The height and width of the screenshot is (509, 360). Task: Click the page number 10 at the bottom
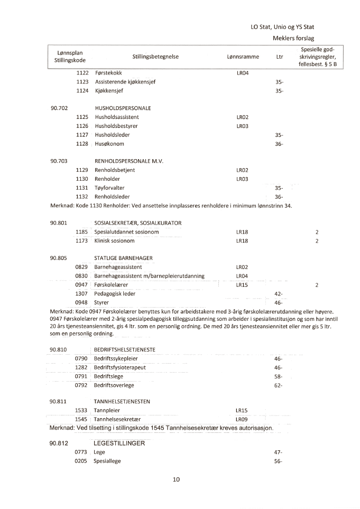point(176,479)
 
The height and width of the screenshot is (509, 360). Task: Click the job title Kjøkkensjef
point(109,91)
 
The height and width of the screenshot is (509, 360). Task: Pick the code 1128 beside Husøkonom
point(82,144)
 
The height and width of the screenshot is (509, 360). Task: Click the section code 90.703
point(59,161)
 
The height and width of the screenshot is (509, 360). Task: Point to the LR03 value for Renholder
point(242,179)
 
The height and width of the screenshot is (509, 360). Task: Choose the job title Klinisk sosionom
point(114,241)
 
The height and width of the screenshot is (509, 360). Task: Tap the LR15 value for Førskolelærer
point(242,285)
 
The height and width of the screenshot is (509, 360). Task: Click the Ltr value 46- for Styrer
point(279,302)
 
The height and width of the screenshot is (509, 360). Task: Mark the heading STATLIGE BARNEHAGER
point(123,258)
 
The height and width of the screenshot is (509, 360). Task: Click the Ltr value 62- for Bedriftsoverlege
point(279,385)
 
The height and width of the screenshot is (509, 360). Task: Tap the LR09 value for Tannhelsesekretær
point(242,419)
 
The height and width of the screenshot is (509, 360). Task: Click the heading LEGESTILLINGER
point(119,443)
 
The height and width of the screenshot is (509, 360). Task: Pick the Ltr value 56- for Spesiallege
point(279,461)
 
